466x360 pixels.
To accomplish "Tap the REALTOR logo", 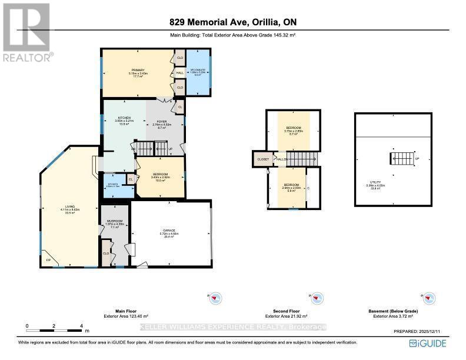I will (x=26, y=32).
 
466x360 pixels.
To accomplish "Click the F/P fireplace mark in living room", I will (x=48, y=259).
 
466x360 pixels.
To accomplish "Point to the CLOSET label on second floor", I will (x=262, y=159).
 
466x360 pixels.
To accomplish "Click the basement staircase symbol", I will (x=403, y=158).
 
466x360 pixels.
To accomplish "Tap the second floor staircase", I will (x=305, y=159).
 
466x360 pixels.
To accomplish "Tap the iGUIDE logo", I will (x=428, y=344).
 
